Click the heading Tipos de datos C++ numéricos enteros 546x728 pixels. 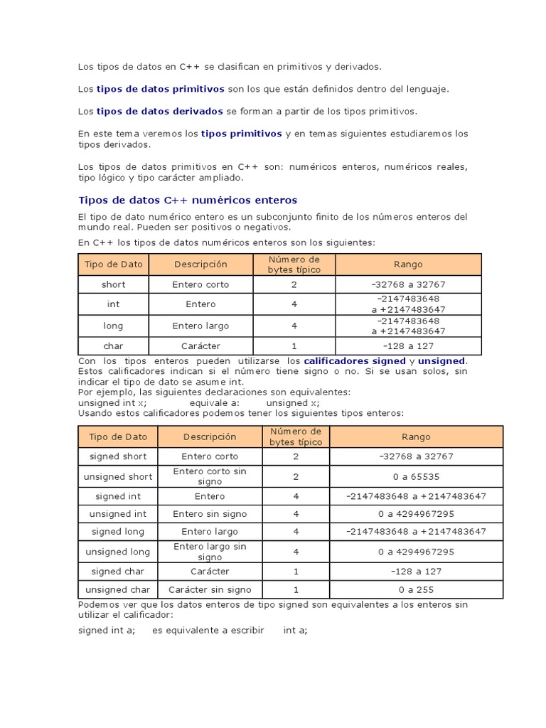[187, 200]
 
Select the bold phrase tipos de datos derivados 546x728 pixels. [160, 111]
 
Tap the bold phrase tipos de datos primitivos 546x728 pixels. [160, 89]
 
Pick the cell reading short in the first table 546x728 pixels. [114, 284]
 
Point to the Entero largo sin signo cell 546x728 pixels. [210, 552]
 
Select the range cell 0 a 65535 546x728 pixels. [416, 476]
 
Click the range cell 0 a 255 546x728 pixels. [416, 589]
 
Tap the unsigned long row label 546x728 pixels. [118, 552]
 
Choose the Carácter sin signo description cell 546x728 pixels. [210, 589]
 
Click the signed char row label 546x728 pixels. [118, 571]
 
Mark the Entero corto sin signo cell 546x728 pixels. [210, 476]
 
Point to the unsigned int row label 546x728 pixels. [118, 513]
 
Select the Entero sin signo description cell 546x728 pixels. [210, 513]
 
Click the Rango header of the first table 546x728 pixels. [408, 264]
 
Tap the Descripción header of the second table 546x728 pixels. [210, 437]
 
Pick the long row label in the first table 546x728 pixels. [114, 326]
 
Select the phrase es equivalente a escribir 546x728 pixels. [208, 630]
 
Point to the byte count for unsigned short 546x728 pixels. [296, 476]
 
